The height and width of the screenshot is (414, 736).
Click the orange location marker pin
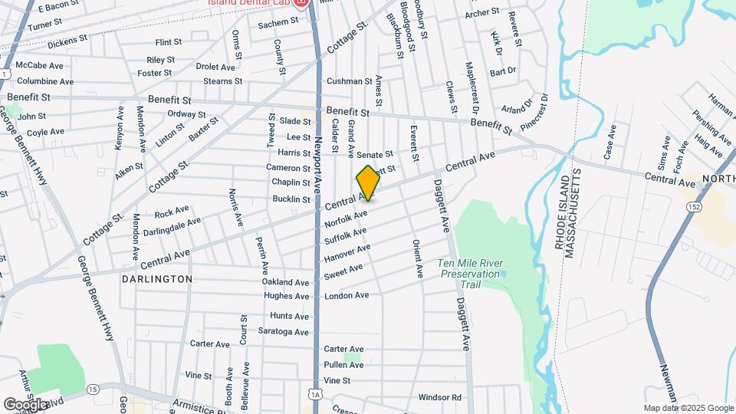pos(368,182)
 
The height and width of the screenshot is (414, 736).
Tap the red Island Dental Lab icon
pos(302,3)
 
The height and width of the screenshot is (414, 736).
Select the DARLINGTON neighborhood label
pos(157,279)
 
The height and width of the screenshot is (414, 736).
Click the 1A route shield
pos(316,395)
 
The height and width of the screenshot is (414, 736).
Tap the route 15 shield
pos(93,389)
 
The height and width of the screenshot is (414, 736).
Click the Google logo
pos(25,404)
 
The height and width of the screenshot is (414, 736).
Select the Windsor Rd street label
pos(439,397)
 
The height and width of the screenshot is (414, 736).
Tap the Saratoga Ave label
pos(283,332)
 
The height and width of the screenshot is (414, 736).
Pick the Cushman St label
pos(349,80)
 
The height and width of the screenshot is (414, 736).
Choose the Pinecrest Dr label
pos(534,110)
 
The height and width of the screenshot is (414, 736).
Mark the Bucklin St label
pos(291,199)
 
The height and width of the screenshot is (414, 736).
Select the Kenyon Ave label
pos(120,128)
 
